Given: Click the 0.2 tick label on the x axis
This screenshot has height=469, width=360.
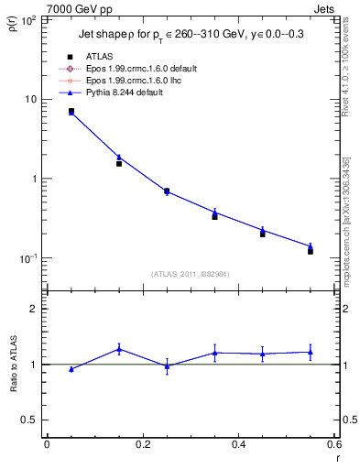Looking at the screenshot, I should pyautogui.click(x=142, y=444).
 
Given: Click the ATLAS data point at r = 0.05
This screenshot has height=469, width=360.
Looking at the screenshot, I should pyautogui.click(x=71, y=111).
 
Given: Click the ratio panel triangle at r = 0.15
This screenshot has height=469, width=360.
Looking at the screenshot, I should pyautogui.click(x=119, y=349).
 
